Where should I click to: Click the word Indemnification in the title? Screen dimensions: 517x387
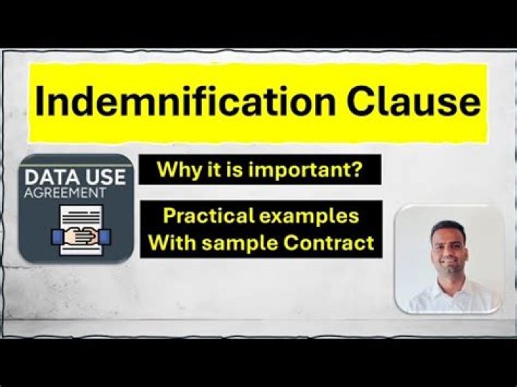(x=185, y=101)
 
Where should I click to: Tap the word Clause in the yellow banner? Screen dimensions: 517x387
(x=413, y=101)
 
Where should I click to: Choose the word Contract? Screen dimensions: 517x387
(x=328, y=243)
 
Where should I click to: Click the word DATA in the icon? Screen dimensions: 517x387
(x=48, y=177)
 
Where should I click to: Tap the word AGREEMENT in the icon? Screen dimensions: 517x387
(x=65, y=193)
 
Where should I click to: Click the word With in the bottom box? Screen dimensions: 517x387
(x=172, y=243)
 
